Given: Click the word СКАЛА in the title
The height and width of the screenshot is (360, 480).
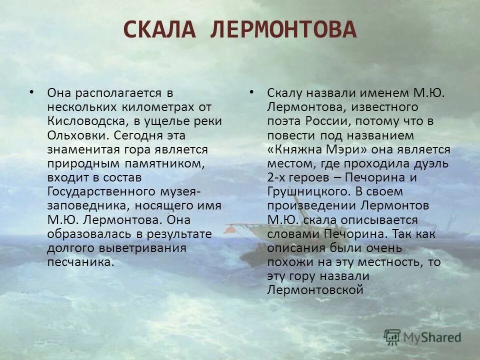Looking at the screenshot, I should point(160,30).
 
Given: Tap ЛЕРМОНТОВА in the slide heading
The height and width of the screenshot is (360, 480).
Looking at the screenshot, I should point(283,30).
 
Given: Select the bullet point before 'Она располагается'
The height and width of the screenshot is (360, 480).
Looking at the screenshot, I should point(32,92).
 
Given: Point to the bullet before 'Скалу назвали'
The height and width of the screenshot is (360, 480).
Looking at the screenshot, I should point(251,92).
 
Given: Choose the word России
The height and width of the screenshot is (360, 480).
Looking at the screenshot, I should point(321,121).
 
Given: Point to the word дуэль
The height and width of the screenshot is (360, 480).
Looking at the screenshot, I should point(433,163).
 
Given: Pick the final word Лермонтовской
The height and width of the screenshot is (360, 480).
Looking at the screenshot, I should point(314,290).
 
